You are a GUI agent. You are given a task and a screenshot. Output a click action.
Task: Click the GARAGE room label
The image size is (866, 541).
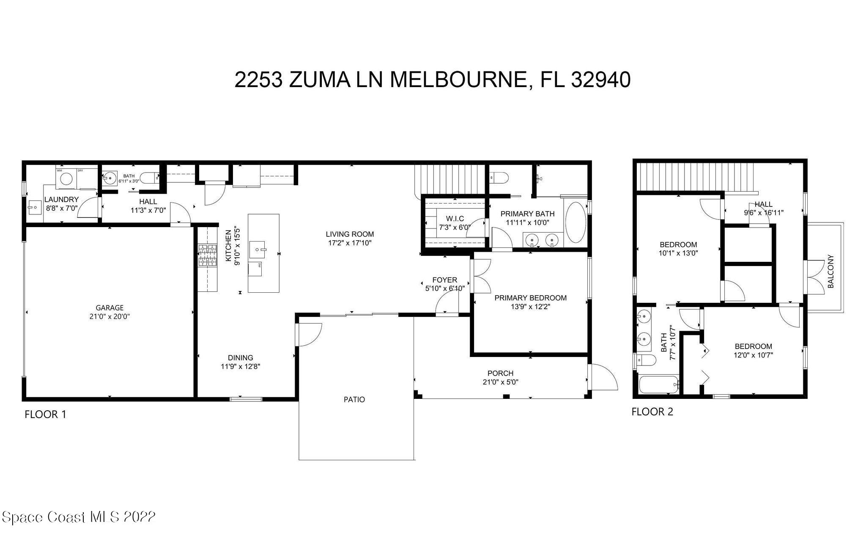coord(110,308)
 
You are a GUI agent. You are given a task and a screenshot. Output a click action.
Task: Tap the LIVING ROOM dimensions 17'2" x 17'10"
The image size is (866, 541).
coord(350,243)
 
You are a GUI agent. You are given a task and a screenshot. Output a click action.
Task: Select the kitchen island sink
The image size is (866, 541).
coord(258,250)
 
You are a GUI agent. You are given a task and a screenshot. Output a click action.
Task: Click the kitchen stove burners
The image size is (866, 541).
coord(207,255)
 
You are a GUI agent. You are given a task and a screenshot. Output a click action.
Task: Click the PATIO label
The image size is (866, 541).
coord(354,399)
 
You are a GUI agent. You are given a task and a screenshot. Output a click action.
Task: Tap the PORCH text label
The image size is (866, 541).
coord(500,373)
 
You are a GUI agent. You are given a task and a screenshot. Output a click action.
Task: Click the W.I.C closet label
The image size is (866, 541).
coord(455,218)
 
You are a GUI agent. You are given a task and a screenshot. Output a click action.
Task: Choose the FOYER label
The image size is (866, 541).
coord(444,280)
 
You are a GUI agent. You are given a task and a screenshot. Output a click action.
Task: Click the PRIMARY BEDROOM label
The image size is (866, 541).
coord(530,298)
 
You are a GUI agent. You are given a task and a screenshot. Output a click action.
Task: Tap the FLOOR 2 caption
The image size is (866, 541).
coord(652,412)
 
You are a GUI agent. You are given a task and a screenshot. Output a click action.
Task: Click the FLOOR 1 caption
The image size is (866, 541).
coord(45,414)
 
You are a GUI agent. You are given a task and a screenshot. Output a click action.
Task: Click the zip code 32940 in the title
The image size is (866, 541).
coord(600,80)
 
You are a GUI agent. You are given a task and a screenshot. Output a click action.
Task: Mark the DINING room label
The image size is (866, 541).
coord(240,357)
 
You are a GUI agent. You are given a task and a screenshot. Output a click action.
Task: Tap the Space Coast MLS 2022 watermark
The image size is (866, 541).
coord(79,517)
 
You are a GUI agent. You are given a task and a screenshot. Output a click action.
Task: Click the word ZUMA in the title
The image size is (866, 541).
coord(320,80)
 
